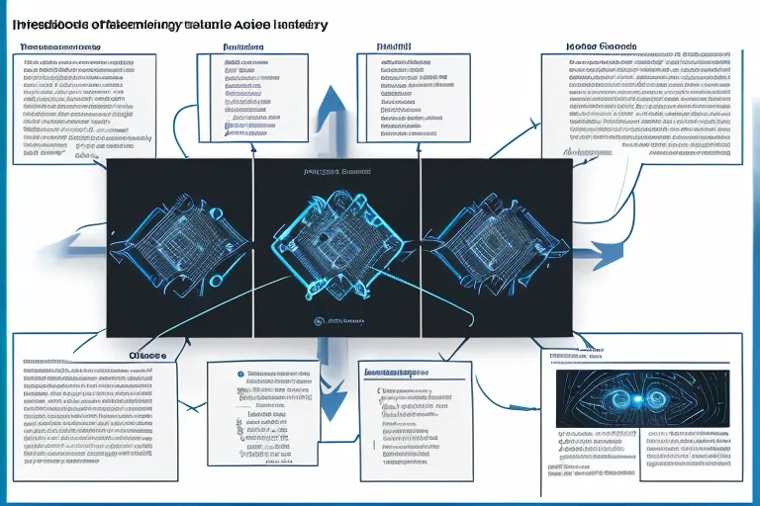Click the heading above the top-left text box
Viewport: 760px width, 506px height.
59,46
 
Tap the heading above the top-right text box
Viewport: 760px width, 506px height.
600,46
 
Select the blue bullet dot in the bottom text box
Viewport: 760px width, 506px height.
240,376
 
